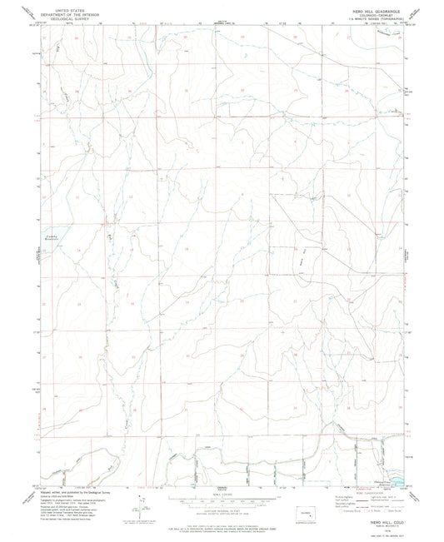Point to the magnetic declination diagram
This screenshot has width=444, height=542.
[142, 504]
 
